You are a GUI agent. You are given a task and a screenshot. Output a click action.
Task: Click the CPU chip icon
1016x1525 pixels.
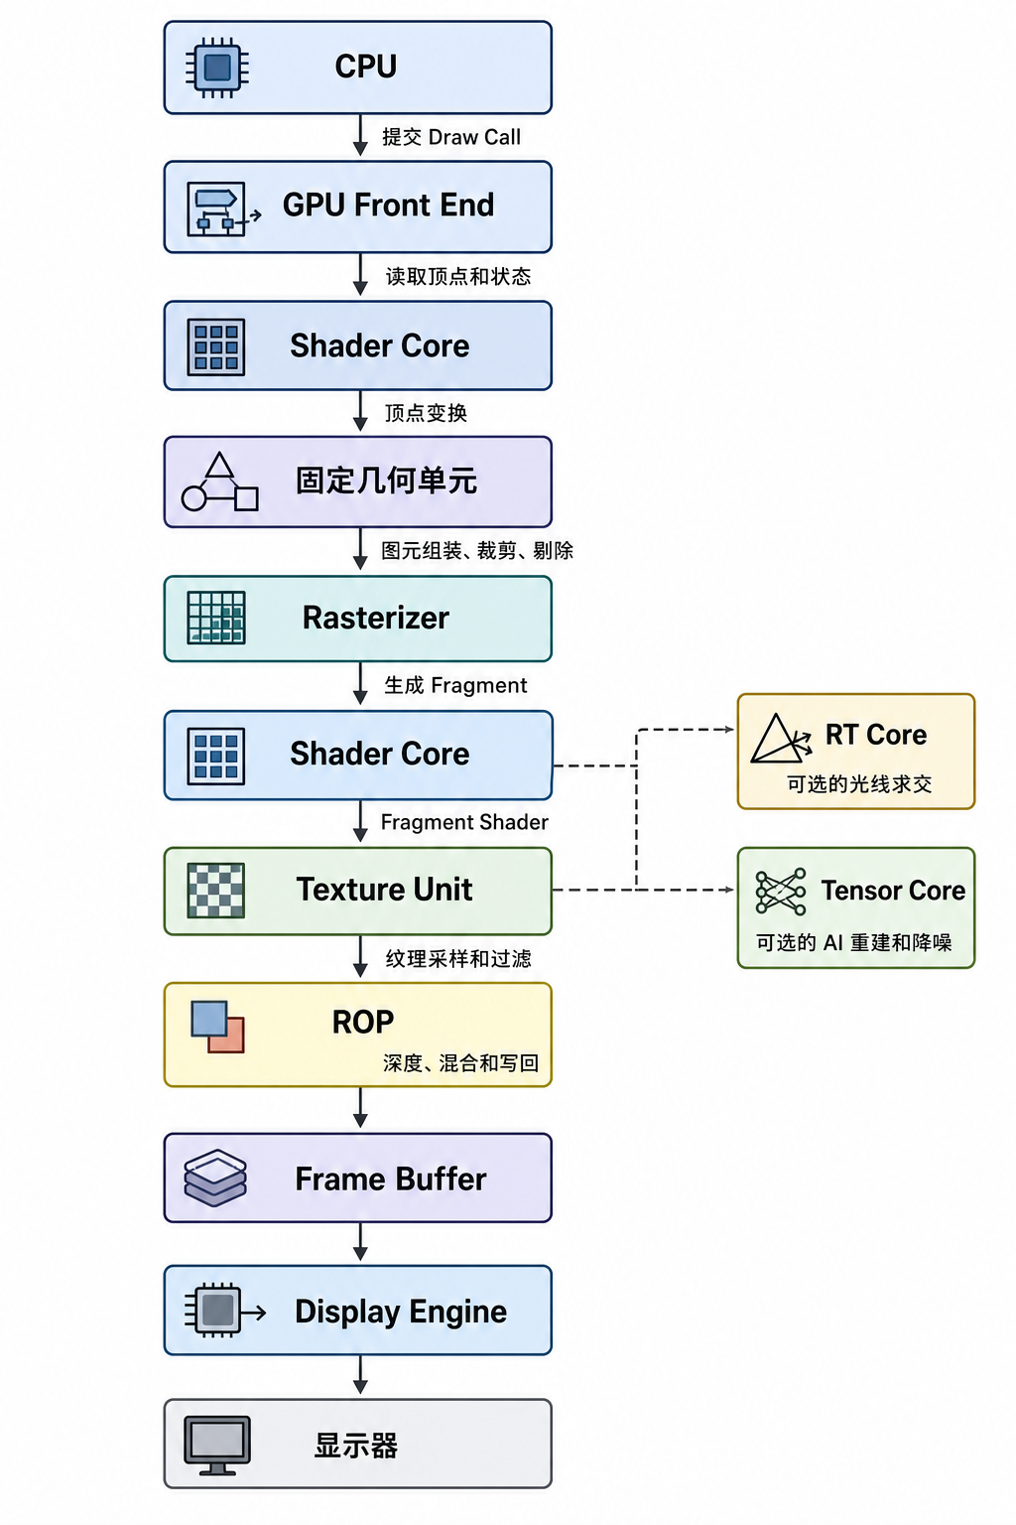click(x=217, y=67)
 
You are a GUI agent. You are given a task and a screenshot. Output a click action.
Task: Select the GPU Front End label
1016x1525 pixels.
click(x=389, y=205)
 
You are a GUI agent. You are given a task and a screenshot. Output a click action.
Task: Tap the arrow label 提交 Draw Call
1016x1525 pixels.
click(x=451, y=137)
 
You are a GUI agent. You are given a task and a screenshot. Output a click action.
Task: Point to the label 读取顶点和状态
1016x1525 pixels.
click(x=458, y=276)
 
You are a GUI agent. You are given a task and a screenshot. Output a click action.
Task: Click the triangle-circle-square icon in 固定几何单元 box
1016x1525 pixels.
click(x=220, y=482)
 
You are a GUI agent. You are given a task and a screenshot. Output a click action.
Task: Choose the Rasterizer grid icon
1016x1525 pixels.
click(x=216, y=618)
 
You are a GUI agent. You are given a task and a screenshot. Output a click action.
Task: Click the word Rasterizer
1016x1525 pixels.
click(x=376, y=618)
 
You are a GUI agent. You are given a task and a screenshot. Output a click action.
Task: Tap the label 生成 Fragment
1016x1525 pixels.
click(x=455, y=685)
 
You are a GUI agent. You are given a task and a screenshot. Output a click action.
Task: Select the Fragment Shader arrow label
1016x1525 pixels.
click(x=464, y=822)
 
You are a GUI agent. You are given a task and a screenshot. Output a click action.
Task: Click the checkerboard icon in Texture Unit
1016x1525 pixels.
click(x=215, y=891)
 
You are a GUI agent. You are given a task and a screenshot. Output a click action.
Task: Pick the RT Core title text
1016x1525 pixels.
click(x=876, y=735)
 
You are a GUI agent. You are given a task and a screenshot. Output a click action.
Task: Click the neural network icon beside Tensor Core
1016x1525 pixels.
click(x=781, y=892)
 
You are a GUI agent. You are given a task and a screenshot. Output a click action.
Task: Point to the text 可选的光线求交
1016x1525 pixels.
click(x=859, y=783)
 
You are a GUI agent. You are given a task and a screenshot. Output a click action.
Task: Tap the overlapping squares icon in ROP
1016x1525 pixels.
click(x=217, y=1027)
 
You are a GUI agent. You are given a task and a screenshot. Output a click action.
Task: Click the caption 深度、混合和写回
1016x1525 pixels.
click(x=460, y=1062)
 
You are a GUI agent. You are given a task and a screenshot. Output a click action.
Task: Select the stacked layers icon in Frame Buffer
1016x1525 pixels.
click(x=215, y=1178)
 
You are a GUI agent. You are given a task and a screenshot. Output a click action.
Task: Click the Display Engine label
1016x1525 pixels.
click(x=401, y=1312)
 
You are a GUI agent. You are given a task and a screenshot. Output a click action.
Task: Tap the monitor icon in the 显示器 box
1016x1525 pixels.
click(x=217, y=1446)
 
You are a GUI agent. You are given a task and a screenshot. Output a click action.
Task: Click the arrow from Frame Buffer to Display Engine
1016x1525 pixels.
click(x=361, y=1241)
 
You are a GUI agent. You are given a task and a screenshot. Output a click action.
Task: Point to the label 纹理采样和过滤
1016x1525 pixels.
click(x=458, y=958)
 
